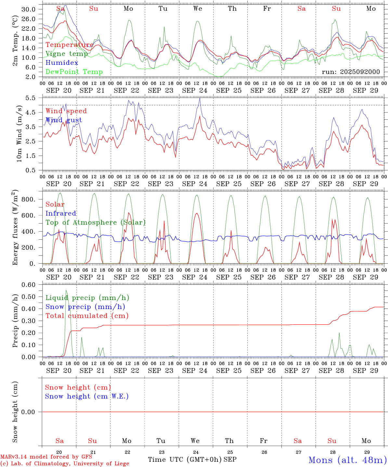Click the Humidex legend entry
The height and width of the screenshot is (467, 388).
coord(62,63)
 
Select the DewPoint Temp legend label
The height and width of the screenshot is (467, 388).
coord(74,72)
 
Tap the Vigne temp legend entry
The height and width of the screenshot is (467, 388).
coord(67,54)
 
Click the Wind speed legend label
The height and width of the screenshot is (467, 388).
coord(66,111)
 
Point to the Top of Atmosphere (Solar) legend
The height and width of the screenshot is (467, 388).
coord(96,222)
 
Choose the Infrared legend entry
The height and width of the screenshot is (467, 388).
coord(61,213)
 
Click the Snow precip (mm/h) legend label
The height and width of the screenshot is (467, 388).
coord(85,306)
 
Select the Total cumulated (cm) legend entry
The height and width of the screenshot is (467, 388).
coord(87,316)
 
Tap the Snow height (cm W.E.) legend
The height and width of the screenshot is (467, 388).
coord(87,396)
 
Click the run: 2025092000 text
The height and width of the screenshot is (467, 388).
coord(351,72)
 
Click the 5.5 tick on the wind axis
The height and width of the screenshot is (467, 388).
coord(32,98)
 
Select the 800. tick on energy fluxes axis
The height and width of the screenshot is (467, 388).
coord(28,199)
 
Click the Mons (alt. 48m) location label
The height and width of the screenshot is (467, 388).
coord(347,460)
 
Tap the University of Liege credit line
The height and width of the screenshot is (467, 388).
coord(65,463)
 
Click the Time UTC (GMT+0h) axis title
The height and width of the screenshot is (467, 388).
coord(185,459)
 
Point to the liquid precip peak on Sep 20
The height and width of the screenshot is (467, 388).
coord(66,290)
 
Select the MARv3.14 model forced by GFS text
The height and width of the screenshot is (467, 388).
coord(46,457)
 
